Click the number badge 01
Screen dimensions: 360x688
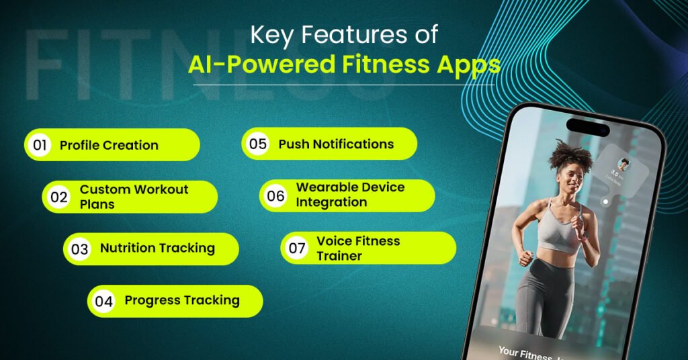[x=39, y=145]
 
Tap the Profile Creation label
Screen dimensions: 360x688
[x=109, y=145]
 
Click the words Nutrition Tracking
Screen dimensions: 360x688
[x=157, y=249]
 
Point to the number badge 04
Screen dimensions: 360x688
[x=103, y=301]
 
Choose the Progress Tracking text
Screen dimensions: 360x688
[x=182, y=300]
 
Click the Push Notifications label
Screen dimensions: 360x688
[x=336, y=144]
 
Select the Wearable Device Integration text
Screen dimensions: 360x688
[x=350, y=195]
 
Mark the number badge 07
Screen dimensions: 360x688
[x=297, y=249]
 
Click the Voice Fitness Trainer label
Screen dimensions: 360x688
[x=358, y=248]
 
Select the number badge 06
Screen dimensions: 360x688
[x=275, y=196]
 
